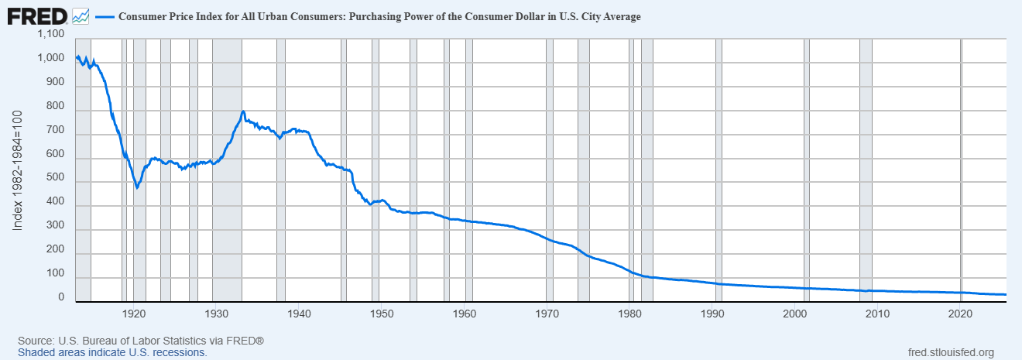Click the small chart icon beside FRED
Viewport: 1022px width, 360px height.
[x=81, y=15]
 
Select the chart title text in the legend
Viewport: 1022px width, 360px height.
[x=379, y=16]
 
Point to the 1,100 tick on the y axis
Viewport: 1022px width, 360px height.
[x=50, y=35]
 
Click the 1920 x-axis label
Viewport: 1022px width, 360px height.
[x=134, y=314]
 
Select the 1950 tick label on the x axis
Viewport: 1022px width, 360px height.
[x=382, y=314]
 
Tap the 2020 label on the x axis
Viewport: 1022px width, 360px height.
[x=960, y=314]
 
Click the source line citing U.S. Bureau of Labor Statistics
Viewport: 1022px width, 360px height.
[x=141, y=341]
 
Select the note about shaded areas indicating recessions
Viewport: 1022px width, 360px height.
[x=112, y=352]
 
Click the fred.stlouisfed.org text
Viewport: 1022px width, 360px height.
[x=950, y=352]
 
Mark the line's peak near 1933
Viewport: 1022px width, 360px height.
[x=243, y=112]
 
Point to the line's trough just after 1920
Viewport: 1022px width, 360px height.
[x=137, y=187]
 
